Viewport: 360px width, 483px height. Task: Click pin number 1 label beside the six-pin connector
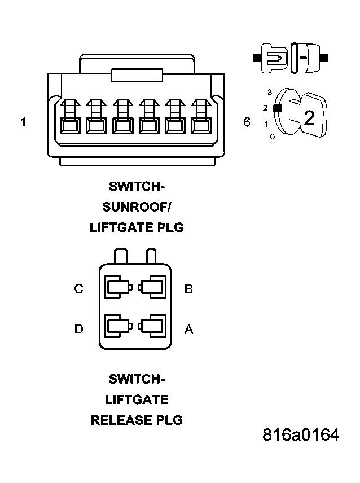(23, 122)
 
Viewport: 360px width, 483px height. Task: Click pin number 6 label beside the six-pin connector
(247, 122)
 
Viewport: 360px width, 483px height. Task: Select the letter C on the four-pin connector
(78, 289)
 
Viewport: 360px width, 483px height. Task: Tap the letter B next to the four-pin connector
(188, 289)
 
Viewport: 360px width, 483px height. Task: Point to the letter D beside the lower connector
(78, 328)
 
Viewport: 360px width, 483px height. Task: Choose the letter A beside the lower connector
(188, 329)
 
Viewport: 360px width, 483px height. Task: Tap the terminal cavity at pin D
(117, 327)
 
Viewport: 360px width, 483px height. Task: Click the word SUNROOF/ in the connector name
(137, 207)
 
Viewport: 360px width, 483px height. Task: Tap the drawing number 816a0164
(301, 435)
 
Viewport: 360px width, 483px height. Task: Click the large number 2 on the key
(309, 118)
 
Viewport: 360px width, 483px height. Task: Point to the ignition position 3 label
(270, 92)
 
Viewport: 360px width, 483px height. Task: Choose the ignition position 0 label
(272, 137)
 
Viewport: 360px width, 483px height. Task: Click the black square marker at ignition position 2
(276, 108)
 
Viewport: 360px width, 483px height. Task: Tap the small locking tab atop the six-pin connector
(137, 75)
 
